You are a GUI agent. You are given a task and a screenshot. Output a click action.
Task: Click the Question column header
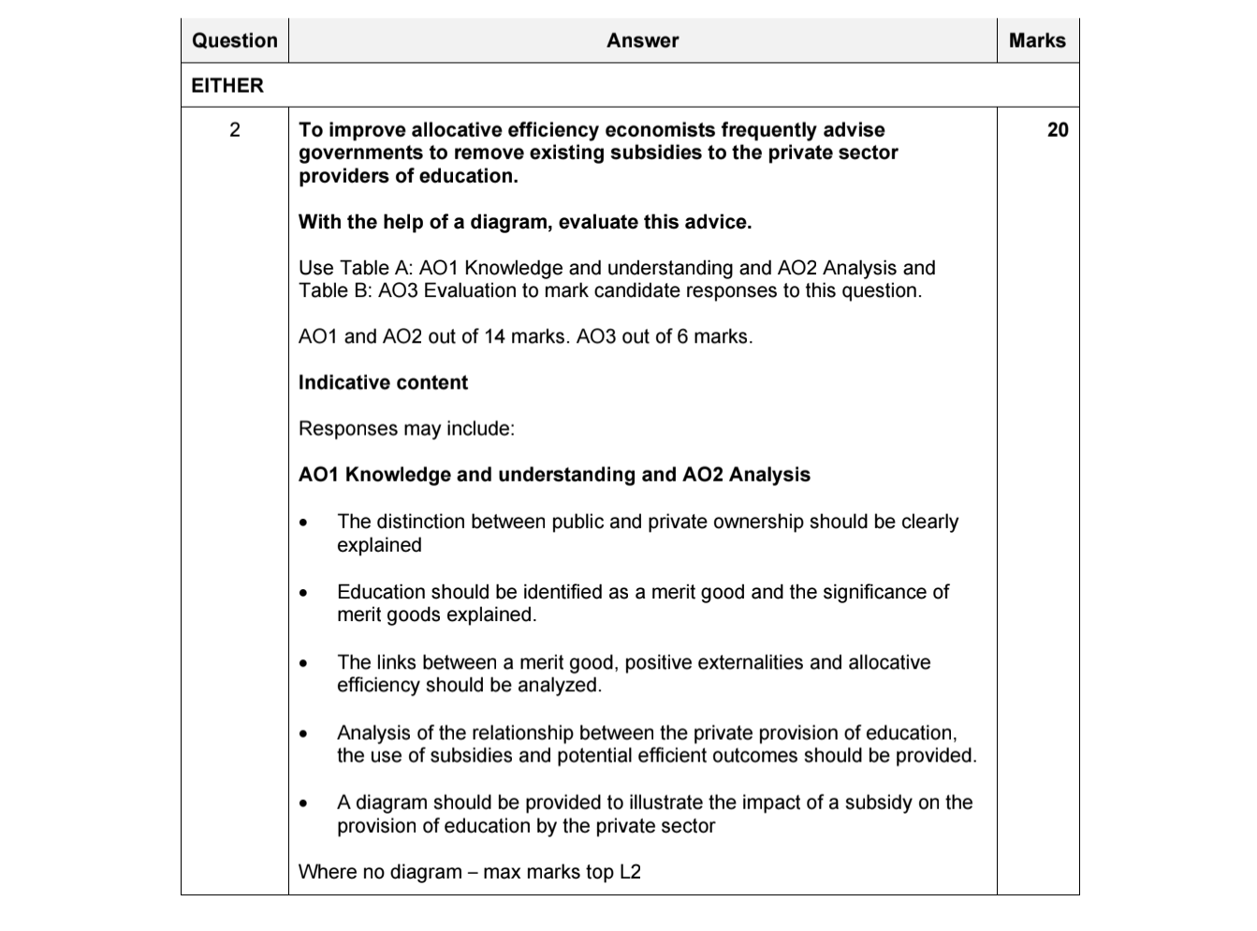234,40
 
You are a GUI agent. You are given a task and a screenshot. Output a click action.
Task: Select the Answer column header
642,40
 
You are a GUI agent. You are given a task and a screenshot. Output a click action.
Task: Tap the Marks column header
1037,40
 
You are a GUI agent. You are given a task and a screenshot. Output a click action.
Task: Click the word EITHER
227,85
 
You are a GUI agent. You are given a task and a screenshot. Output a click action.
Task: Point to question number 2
234,130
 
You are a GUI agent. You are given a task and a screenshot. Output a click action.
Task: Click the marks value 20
1057,130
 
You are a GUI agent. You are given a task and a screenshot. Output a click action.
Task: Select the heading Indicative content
383,382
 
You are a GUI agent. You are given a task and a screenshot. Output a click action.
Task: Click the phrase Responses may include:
406,428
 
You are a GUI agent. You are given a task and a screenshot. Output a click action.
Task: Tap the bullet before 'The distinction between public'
303,524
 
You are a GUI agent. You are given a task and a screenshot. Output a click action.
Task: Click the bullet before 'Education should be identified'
303,594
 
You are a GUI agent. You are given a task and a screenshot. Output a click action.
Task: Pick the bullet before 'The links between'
303,664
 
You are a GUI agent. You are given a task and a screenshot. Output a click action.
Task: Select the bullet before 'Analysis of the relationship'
303,734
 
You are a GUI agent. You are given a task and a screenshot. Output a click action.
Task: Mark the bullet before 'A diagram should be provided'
303,805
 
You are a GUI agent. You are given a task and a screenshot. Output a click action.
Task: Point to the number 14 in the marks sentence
494,336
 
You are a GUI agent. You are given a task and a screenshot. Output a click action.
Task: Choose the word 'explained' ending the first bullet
379,545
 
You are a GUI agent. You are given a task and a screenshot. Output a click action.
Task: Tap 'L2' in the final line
629,872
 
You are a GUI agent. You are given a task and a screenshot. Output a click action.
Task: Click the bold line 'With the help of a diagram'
524,222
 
